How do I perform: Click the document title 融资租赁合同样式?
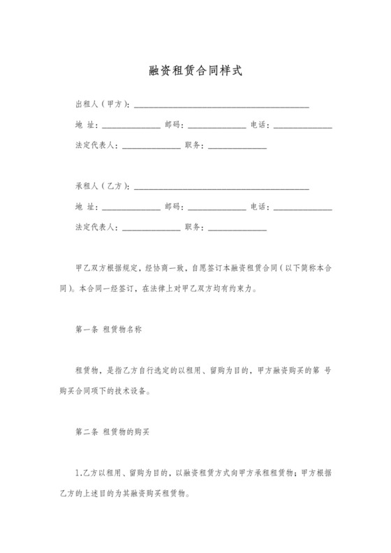[195, 71]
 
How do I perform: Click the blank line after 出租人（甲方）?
[221, 106]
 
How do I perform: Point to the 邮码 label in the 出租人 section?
[174, 126]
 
